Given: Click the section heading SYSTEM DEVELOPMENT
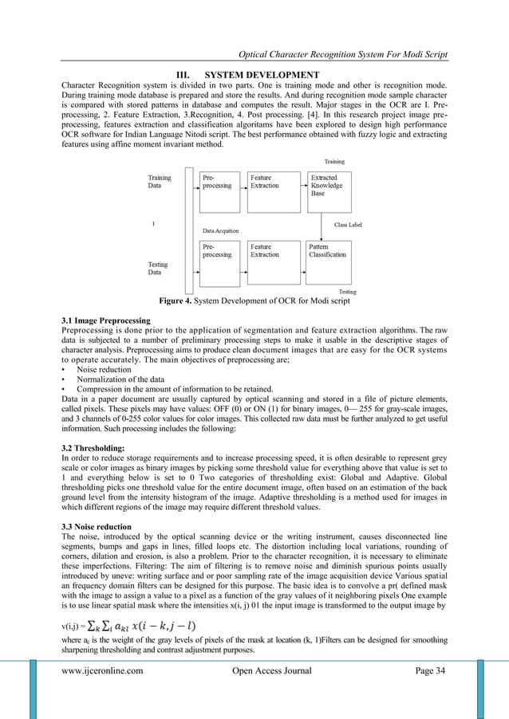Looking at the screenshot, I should tap(265, 75).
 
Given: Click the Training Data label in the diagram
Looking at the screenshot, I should tap(160, 181).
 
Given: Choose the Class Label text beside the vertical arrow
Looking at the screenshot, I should tap(348, 226).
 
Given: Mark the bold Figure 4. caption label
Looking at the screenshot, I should tap(180, 303).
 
